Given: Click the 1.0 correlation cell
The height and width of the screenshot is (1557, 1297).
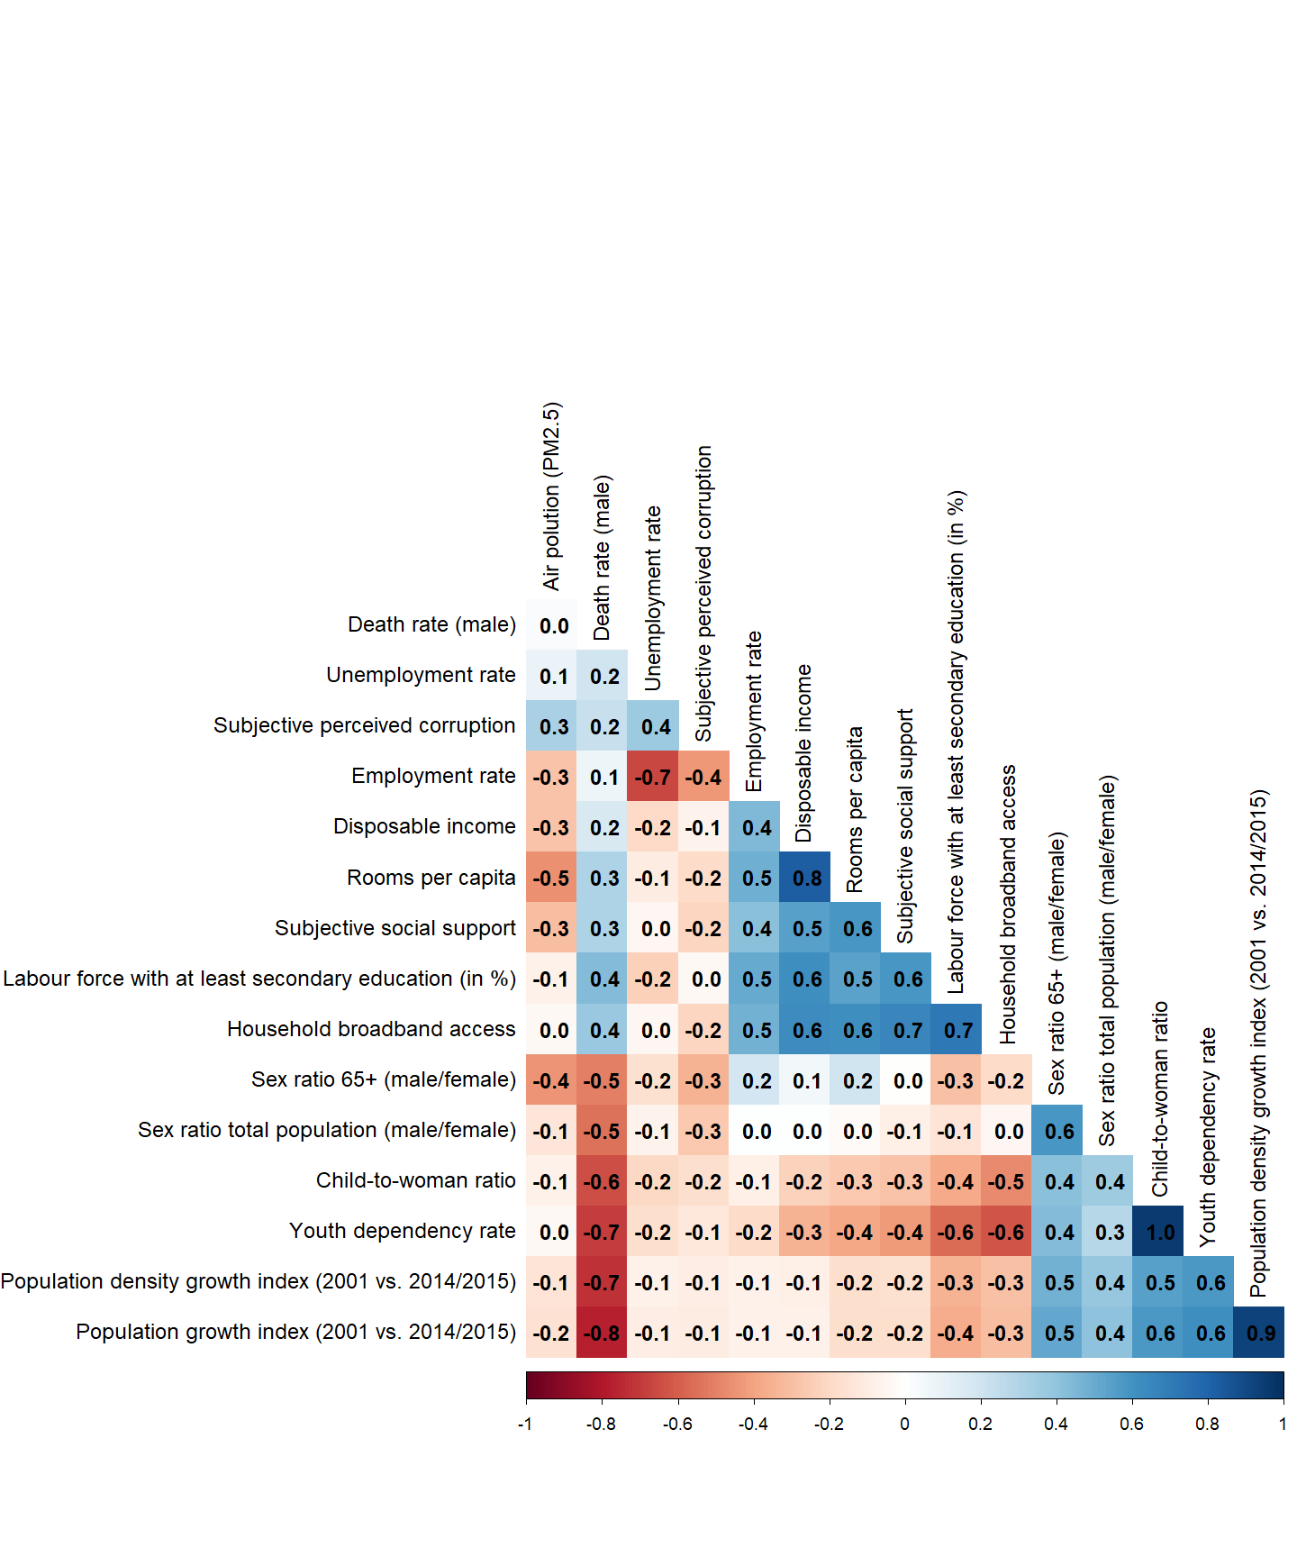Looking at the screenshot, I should pos(1160,1232).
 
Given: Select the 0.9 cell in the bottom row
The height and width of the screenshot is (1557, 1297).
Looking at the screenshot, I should pos(1261,1333).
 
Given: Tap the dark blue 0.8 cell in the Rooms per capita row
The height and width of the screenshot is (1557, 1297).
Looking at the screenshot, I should pos(807,878).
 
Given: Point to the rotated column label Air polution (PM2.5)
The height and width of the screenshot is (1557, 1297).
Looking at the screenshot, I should pos(551,496).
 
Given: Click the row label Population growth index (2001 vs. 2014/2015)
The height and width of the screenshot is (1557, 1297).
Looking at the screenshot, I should pos(295,1332).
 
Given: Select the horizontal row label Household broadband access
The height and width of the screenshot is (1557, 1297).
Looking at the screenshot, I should pos(371,1029).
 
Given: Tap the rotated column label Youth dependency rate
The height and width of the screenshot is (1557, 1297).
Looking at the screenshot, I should pos(1208,1138).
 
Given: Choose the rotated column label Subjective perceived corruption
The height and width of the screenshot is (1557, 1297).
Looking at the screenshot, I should pos(703,594).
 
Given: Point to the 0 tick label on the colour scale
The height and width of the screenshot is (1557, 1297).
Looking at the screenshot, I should pos(904,1425).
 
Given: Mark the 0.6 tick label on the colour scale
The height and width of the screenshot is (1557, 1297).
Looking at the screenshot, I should pos(1131,1425).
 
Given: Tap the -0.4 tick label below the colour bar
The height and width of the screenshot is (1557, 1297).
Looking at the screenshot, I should pos(753,1425).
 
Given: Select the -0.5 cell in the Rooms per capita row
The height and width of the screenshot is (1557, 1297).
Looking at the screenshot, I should pos(550,878).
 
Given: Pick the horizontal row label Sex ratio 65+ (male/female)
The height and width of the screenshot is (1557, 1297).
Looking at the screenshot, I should pos(384,1079).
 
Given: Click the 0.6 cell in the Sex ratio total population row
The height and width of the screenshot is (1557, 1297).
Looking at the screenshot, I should pos(1059,1131).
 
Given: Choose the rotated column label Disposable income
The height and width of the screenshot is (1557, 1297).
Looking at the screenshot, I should pos(804,753).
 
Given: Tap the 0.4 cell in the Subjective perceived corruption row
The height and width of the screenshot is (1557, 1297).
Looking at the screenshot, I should pos(655,727).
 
